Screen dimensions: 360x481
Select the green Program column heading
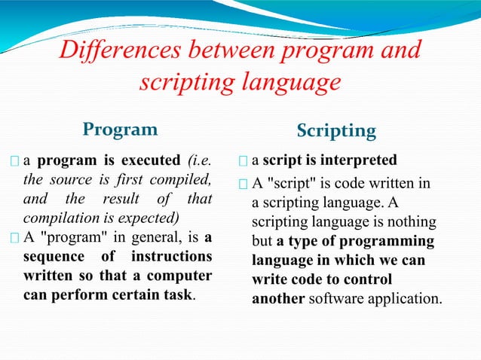click(121, 129)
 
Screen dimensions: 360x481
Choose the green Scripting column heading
click(336, 130)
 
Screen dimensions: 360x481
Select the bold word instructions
click(173, 257)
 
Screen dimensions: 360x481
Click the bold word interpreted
click(358, 160)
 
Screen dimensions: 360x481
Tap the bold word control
click(396, 279)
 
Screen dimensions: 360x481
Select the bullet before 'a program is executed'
click(16, 161)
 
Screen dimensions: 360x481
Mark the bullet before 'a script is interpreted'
click(243, 161)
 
